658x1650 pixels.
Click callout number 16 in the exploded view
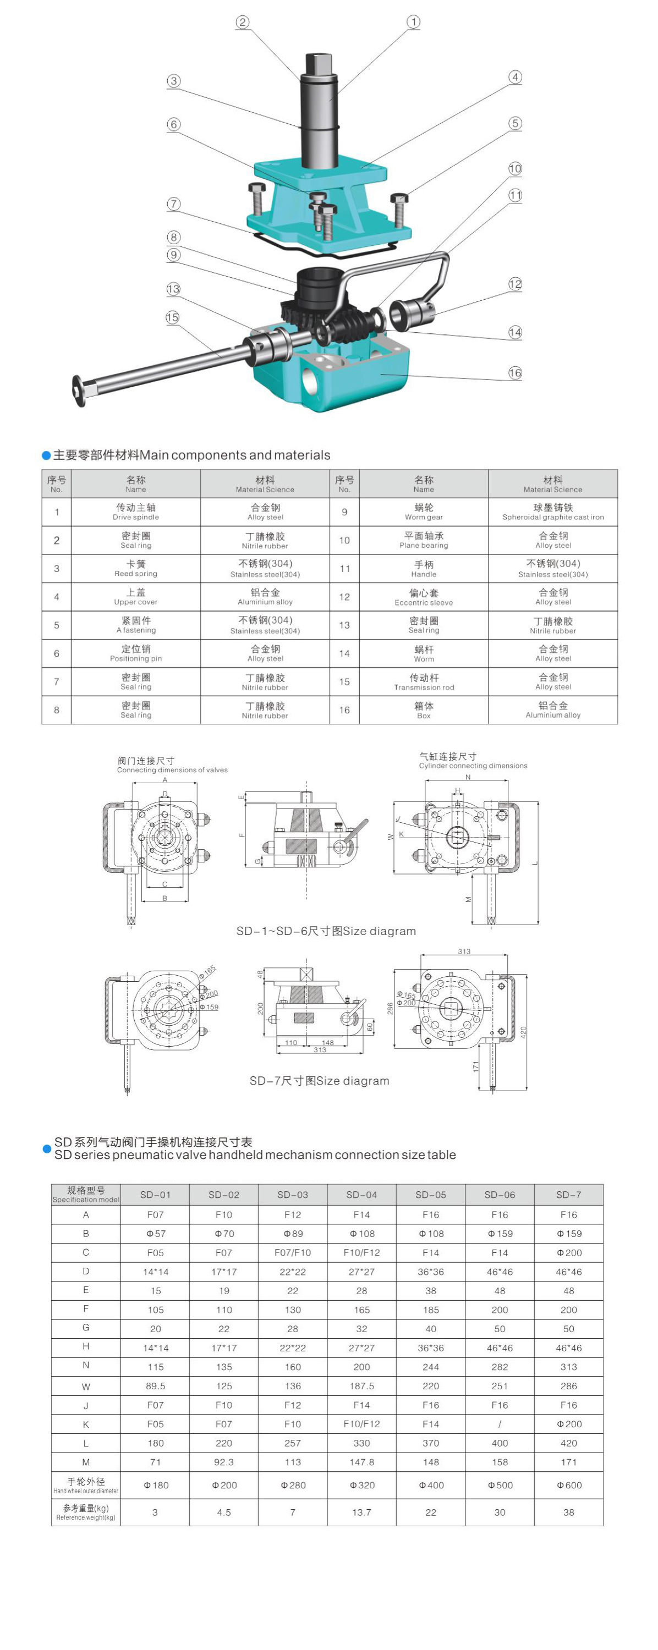515,373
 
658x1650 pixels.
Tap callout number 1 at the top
414,22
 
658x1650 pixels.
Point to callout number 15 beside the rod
172,317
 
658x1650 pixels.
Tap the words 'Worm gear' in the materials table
424,517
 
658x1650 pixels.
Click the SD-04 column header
361,1195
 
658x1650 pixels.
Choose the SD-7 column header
568,1195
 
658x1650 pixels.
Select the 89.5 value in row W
155,1385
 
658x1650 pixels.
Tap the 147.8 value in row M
361,1462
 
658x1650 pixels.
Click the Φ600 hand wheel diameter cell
568,1486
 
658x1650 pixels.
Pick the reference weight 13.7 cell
361,1513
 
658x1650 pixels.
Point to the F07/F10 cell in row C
292,1252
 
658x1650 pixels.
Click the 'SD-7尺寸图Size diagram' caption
319,1081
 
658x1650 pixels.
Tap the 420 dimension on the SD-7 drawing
523,1032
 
